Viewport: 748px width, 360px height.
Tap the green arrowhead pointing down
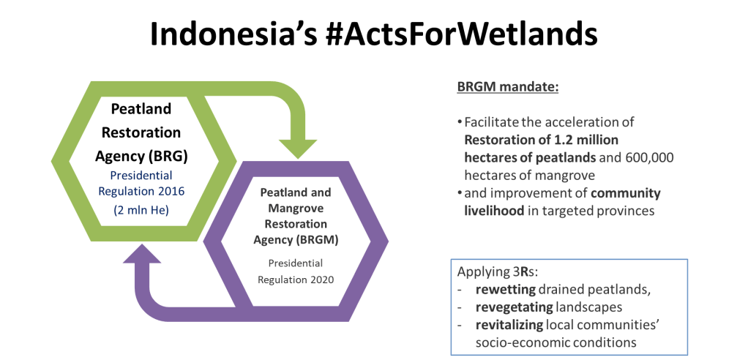point(298,146)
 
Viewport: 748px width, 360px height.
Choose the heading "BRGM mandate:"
point(508,88)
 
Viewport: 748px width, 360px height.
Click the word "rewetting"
point(501,290)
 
